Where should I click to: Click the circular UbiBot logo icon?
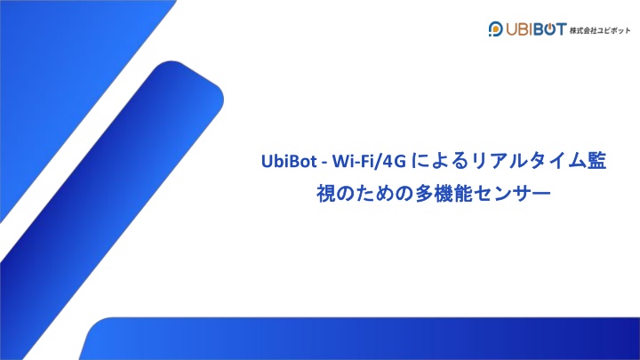click(x=495, y=29)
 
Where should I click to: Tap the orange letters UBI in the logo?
click(x=520, y=29)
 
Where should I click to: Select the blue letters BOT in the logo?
click(x=550, y=29)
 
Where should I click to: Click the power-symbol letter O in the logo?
click(x=550, y=29)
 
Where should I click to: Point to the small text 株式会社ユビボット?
click(x=600, y=30)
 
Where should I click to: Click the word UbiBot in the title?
click(x=289, y=161)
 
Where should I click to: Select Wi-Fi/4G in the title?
click(x=369, y=161)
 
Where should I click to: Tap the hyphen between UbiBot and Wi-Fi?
click(x=324, y=163)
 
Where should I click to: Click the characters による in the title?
click(x=439, y=161)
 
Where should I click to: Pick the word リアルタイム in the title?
click(x=529, y=161)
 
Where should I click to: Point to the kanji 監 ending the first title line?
click(x=597, y=161)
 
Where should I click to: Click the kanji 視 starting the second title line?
click(x=325, y=194)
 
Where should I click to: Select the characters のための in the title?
click(x=374, y=194)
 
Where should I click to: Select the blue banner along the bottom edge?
click(x=359, y=339)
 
